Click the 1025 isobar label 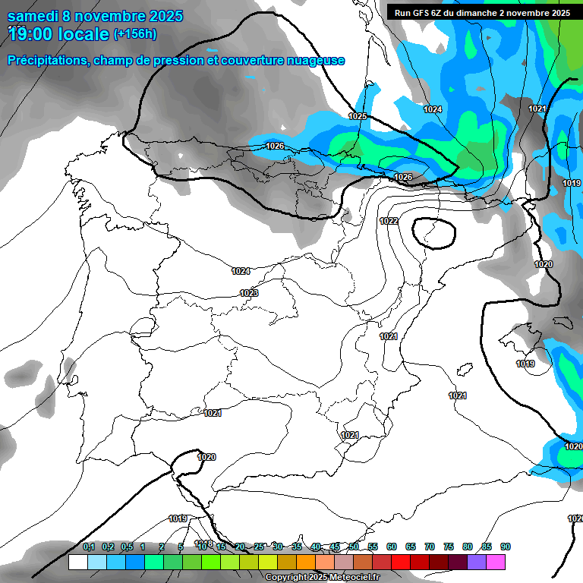(x=358, y=116)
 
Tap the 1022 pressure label (x=389, y=221)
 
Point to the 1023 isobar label (x=249, y=293)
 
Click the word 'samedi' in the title (x=35, y=16)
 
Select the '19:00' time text (x=33, y=34)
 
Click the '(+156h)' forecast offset (x=134, y=34)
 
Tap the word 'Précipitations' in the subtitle (x=46, y=60)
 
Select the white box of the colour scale (x=77, y=562)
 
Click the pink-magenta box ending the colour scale (x=496, y=562)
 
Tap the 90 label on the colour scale (x=506, y=547)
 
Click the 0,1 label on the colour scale (x=89, y=547)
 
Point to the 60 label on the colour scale (x=392, y=547)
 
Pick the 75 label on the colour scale (x=449, y=547)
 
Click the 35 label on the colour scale (x=297, y=547)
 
